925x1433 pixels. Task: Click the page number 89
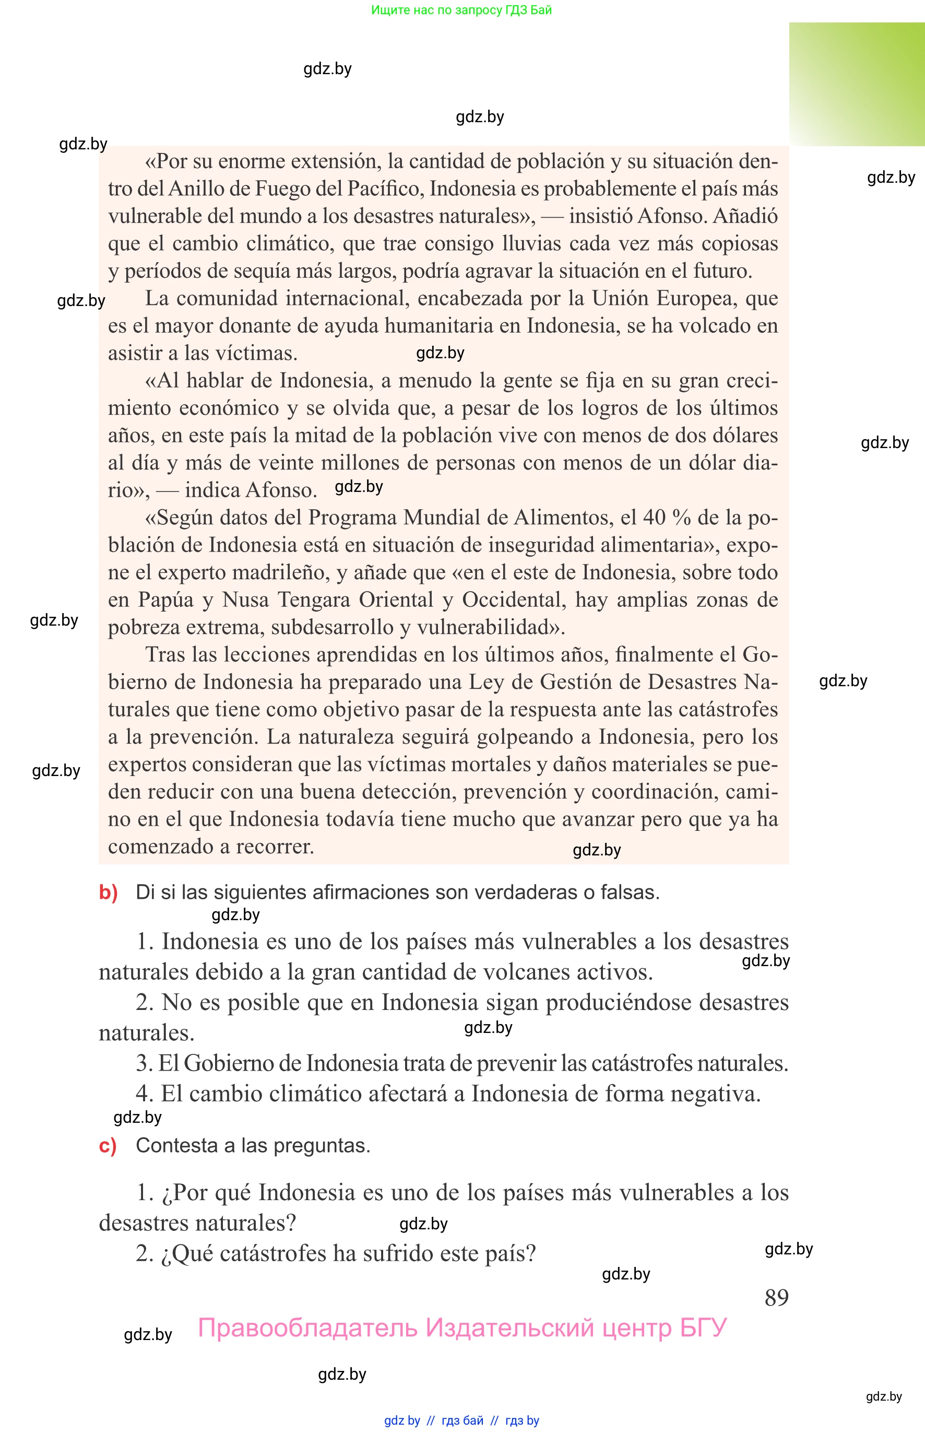[x=776, y=1297]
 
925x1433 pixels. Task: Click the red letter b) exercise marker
[x=108, y=892]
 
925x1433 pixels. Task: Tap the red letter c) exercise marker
[x=108, y=1145]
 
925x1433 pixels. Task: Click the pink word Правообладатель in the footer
[x=307, y=1328]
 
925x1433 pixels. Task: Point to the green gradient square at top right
[x=857, y=84]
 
